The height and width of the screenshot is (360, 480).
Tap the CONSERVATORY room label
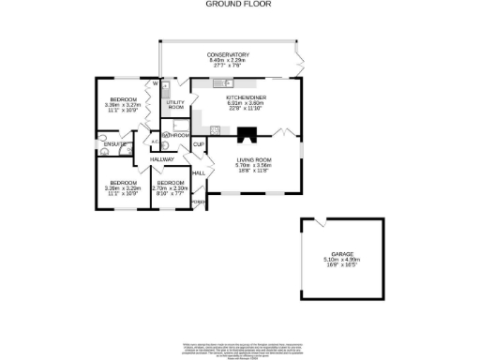pyautogui.click(x=229, y=55)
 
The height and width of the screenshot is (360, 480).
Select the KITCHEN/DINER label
pyautogui.click(x=247, y=97)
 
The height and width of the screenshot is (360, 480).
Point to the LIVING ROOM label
pyautogui.click(x=253, y=161)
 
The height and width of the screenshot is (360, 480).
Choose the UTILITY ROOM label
pyautogui.click(x=176, y=105)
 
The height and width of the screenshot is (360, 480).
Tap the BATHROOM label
pyautogui.click(x=176, y=136)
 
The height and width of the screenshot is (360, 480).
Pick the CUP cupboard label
pyautogui.click(x=199, y=144)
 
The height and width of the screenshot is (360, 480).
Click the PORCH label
pyautogui.click(x=199, y=202)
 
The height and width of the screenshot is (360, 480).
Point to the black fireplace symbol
pyautogui.click(x=247, y=133)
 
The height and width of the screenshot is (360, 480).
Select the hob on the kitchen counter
pyautogui.click(x=215, y=130)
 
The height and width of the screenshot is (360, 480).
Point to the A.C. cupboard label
pyautogui.click(x=142, y=142)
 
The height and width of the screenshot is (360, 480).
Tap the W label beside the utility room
pyautogui.click(x=145, y=85)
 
